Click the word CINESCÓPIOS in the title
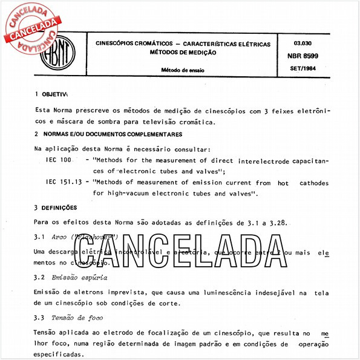point(119,44)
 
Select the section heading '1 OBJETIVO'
point(53,94)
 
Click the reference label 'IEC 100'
point(58,160)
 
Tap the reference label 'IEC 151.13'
point(64,182)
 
